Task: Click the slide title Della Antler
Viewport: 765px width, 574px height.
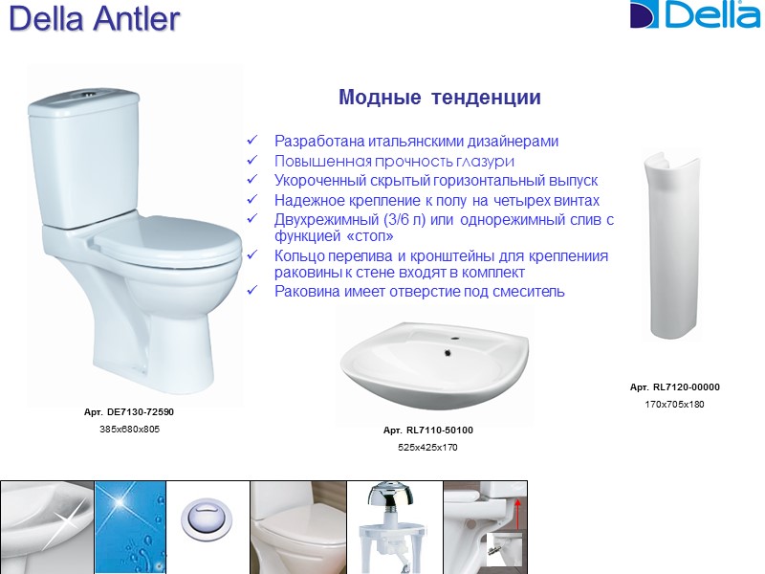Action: (x=94, y=20)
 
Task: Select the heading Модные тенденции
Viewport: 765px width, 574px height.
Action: (x=439, y=98)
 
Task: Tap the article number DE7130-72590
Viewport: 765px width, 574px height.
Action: (x=129, y=411)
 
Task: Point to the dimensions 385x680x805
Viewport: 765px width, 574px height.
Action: (x=129, y=429)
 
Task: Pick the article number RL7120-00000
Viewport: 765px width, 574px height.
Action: (x=674, y=387)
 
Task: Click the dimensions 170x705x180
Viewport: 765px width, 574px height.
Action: (x=674, y=405)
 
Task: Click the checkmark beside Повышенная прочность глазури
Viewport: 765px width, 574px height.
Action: (x=252, y=161)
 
